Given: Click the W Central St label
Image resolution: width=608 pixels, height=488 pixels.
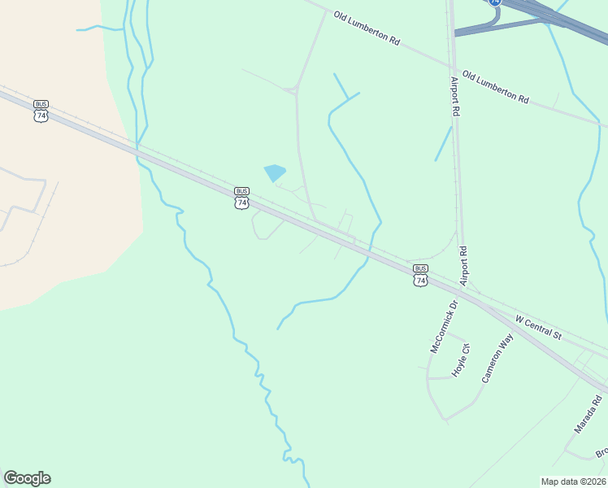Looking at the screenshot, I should coord(539,322).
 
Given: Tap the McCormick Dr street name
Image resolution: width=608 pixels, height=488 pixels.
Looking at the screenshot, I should coord(445,326).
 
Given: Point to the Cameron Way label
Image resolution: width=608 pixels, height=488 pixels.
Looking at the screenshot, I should coord(497,358).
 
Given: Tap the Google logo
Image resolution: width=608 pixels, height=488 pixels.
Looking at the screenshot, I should coord(27,478).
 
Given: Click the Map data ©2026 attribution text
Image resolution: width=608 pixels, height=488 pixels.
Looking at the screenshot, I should coord(573,481).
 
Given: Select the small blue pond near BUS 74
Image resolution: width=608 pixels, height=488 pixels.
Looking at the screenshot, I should coord(275,172).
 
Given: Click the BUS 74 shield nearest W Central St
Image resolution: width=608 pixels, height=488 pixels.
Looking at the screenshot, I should coord(419,275).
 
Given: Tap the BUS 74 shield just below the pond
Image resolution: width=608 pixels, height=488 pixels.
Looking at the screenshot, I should coord(241,198).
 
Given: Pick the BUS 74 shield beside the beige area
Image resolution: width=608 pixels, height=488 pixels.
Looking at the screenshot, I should coord(41,111).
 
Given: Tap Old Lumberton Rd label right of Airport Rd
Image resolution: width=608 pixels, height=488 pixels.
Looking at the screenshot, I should coord(495,87).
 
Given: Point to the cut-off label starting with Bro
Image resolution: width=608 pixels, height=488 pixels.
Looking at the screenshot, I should coord(601,452).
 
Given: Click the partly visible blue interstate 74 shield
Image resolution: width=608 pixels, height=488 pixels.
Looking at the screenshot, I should coord(495,3).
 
